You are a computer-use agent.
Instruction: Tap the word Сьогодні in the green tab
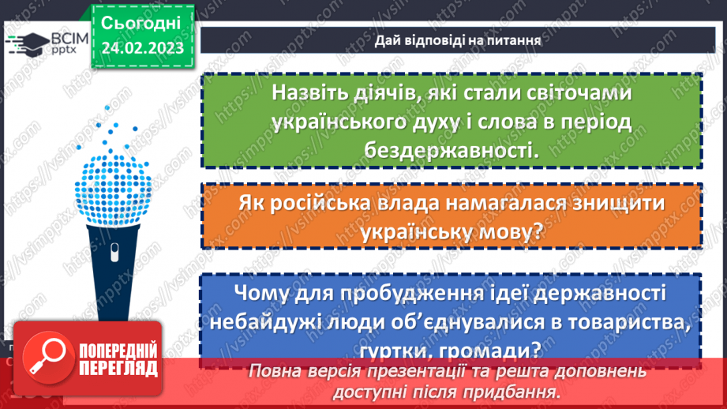click(x=141, y=21)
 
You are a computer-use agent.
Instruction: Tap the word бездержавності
click(x=451, y=149)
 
